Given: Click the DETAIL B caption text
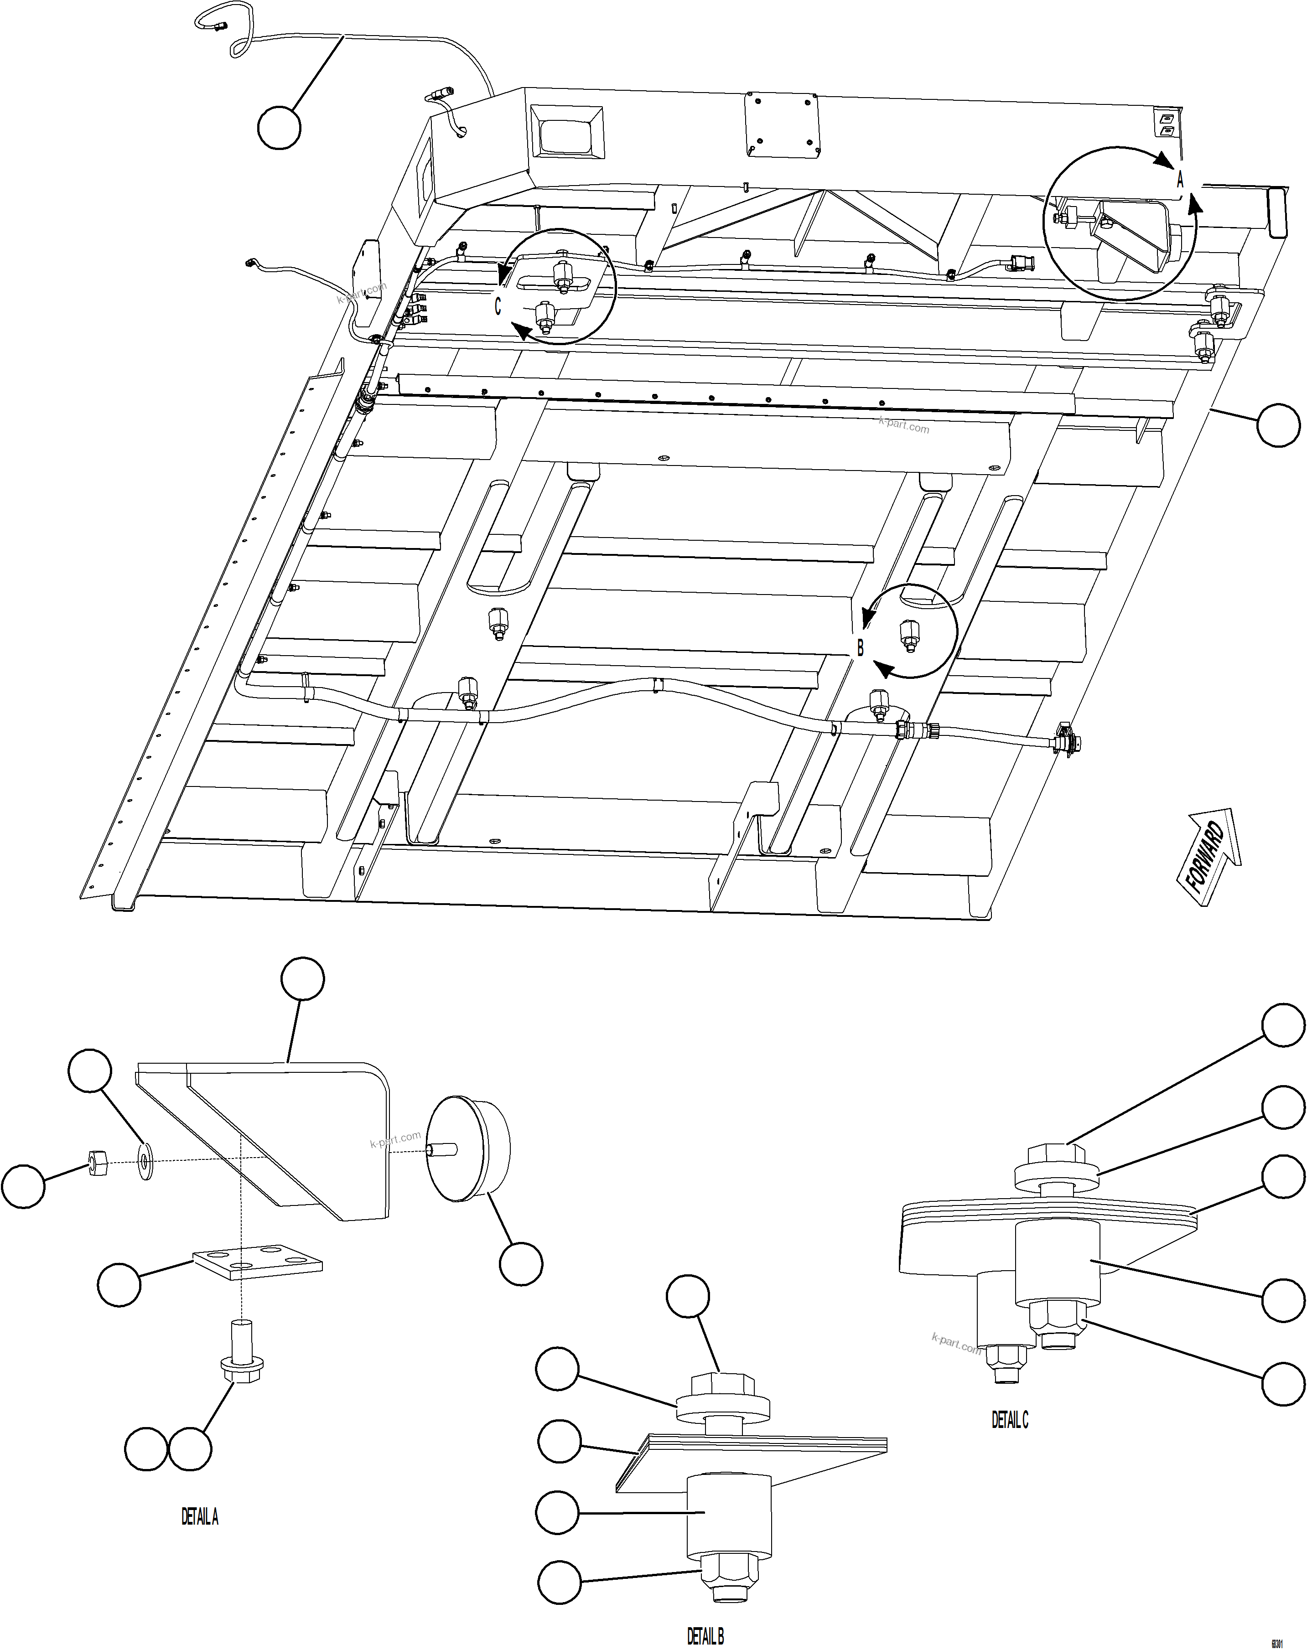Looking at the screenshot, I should [705, 1630].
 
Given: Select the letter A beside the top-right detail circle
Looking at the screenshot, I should [1180, 181].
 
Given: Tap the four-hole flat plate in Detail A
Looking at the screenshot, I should [257, 1262].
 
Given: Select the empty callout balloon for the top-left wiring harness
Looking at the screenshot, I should [279, 128].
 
